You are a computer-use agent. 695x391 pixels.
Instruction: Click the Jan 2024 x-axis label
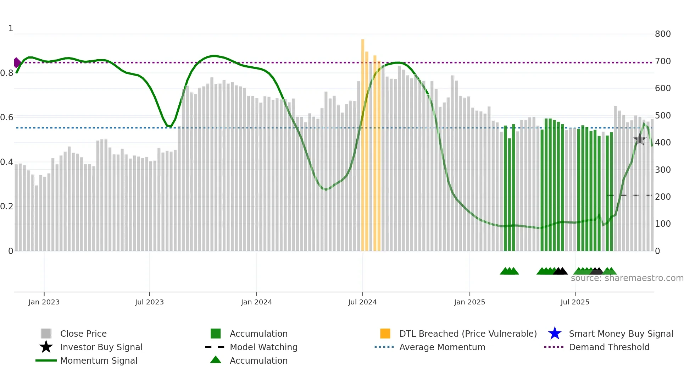point(256,302)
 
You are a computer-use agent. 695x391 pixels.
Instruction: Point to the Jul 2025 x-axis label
point(575,302)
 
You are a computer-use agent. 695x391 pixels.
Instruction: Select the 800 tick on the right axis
point(662,34)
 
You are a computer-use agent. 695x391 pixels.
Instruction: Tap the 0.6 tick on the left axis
point(7,117)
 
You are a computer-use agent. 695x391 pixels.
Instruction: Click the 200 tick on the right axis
point(662,197)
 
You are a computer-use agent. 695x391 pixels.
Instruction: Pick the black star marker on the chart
point(640,140)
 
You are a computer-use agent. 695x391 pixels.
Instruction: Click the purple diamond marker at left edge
point(17,62)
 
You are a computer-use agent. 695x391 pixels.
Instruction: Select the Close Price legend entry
point(83,334)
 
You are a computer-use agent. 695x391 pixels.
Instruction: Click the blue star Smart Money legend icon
point(555,334)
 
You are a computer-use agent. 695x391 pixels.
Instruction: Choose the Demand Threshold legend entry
point(609,347)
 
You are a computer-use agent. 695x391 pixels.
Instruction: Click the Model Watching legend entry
point(263,347)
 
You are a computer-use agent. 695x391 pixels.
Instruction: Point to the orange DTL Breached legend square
point(385,334)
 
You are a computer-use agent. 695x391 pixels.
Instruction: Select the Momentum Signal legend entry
point(99,361)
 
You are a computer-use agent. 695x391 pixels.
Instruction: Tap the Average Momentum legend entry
point(442,347)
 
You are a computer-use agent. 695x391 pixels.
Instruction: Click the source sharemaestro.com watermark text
point(627,278)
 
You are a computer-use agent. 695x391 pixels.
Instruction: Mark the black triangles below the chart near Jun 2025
point(560,271)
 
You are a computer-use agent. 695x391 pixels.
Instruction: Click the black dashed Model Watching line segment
point(629,195)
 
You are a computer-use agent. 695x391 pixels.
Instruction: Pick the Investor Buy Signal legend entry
point(101,347)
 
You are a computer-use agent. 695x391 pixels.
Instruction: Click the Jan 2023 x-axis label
point(44,302)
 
